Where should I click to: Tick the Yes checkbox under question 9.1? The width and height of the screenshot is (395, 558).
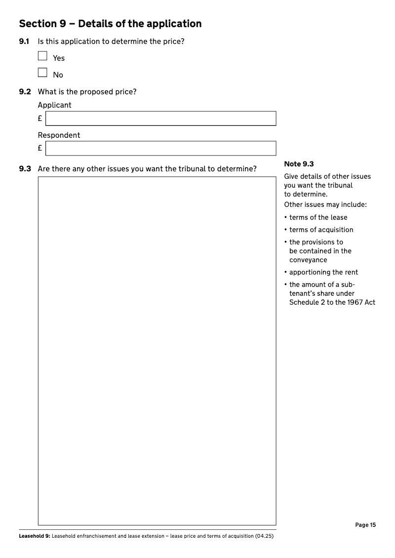pyautogui.click(x=42, y=56)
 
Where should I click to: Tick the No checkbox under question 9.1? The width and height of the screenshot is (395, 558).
pyautogui.click(x=42, y=73)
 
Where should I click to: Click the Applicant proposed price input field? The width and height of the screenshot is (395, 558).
pyautogui.click(x=160, y=119)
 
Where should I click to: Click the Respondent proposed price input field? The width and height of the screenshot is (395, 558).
pyautogui.click(x=160, y=149)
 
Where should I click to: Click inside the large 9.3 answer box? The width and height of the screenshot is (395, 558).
pyautogui.click(x=157, y=351)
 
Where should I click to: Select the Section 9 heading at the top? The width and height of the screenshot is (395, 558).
pyautogui.click(x=110, y=24)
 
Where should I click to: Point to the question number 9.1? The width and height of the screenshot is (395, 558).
pyautogui.click(x=25, y=41)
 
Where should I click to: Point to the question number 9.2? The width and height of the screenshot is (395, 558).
pyautogui.click(x=25, y=92)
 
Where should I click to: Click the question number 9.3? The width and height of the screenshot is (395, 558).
pyautogui.click(x=25, y=169)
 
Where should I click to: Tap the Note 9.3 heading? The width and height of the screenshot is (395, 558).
pyautogui.click(x=299, y=164)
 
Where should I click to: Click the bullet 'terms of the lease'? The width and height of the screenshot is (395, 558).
pyautogui.click(x=318, y=217)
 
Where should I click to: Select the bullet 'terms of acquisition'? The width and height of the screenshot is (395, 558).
pyautogui.click(x=321, y=230)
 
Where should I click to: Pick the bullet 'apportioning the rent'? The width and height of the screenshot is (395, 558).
pyautogui.click(x=323, y=272)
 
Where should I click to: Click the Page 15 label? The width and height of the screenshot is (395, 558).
pyautogui.click(x=365, y=525)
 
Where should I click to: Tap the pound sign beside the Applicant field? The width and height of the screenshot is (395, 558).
pyautogui.click(x=40, y=119)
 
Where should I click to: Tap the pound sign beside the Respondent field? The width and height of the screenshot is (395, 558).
pyautogui.click(x=40, y=149)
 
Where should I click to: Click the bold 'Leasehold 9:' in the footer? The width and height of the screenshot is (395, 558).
pyautogui.click(x=35, y=536)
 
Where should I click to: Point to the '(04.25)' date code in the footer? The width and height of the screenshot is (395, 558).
pyautogui.click(x=264, y=536)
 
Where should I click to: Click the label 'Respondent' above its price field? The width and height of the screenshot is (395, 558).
pyautogui.click(x=59, y=135)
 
